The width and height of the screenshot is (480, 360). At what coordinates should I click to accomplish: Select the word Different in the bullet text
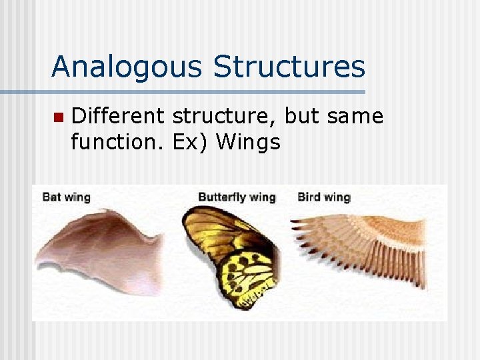click(x=117, y=116)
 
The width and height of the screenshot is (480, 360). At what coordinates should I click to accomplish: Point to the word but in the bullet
click(x=301, y=116)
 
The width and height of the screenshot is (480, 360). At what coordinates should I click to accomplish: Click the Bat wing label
click(x=66, y=197)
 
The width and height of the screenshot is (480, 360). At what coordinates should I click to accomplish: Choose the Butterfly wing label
click(x=237, y=197)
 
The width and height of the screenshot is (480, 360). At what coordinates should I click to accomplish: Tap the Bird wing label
click(x=323, y=197)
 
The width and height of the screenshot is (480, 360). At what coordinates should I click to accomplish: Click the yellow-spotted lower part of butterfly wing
click(x=247, y=277)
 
